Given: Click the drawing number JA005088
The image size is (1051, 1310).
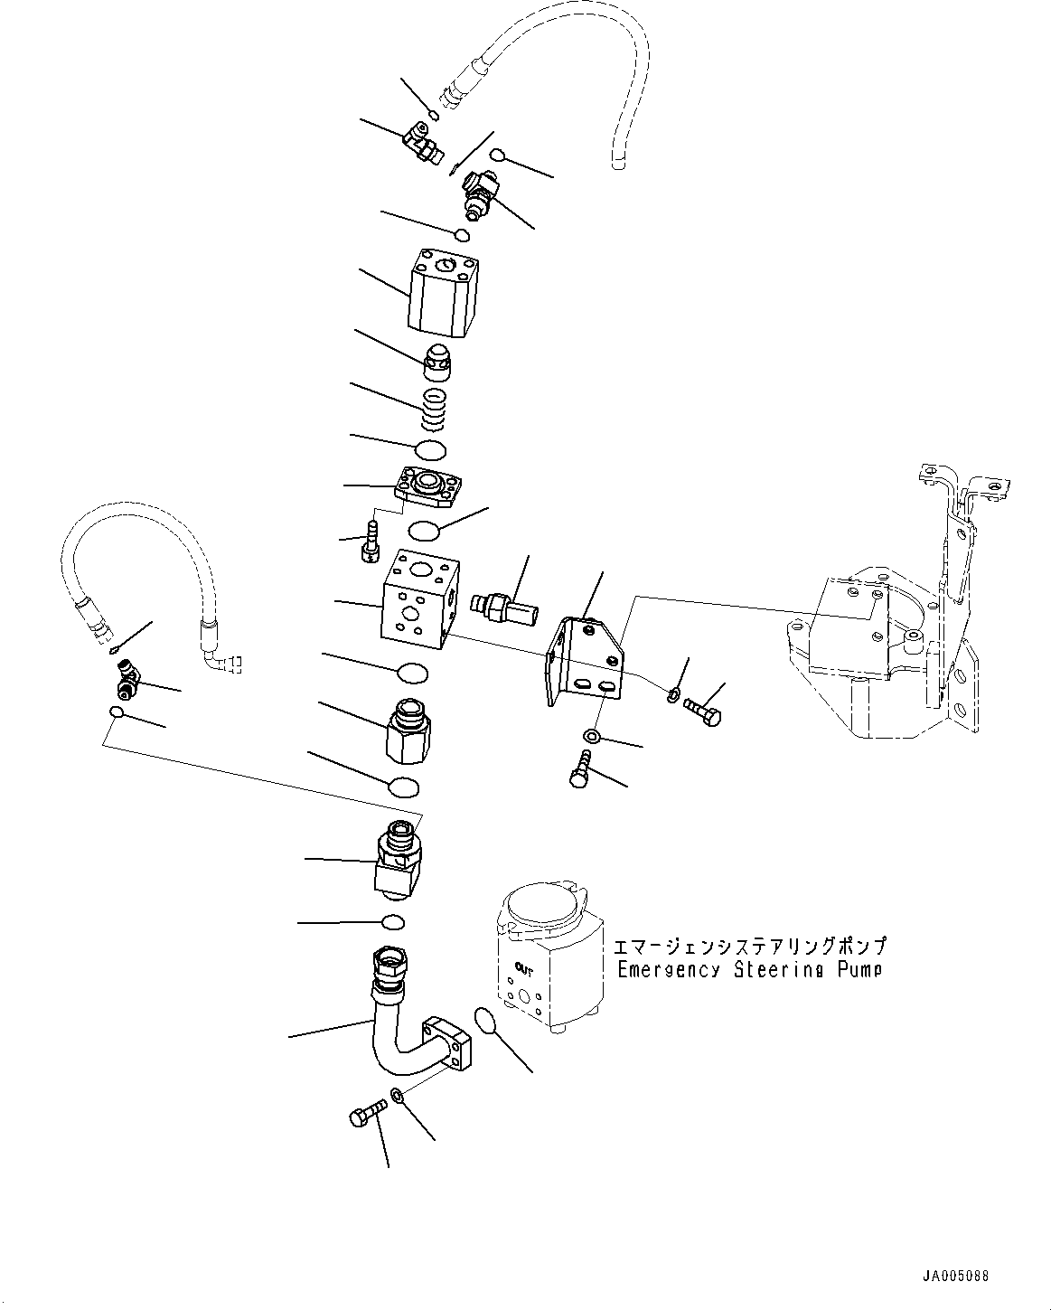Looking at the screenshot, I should pos(955,1277).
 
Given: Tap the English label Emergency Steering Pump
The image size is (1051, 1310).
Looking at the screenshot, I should pos(749,970).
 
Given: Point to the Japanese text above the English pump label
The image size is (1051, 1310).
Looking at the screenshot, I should pos(749,947).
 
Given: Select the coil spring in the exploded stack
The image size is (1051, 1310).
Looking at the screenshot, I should pos(436,409).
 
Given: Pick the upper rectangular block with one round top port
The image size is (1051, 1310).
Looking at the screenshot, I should pos(443,292).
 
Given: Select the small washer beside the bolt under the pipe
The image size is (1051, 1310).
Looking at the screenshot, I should pos(398,1098).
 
